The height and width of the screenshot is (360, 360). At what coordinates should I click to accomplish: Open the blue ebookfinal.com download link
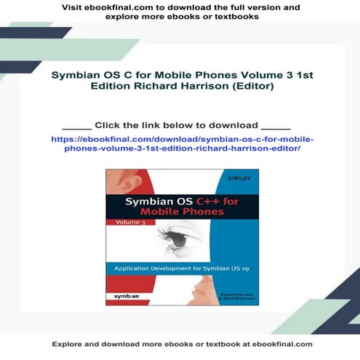(182, 142)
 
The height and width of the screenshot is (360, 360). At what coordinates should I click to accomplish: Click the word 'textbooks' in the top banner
(236, 17)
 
